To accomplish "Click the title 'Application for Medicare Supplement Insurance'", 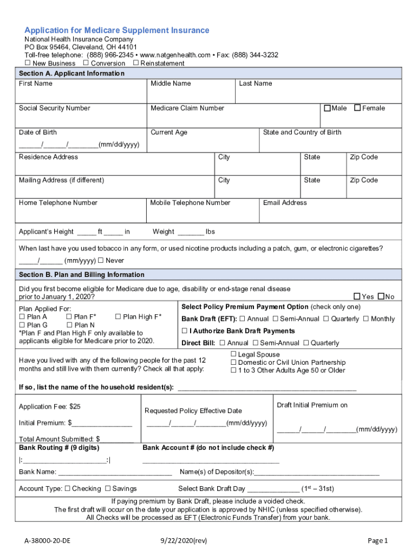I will tap(116, 30).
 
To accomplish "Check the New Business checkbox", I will tap(28, 63).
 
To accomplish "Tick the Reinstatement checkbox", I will tap(135, 63).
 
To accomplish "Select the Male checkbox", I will tap(327, 108).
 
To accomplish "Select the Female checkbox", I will tap(357, 108).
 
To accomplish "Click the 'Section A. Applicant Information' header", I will tap(71, 73).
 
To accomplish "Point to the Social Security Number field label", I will tap(54, 108).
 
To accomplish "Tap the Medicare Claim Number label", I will tap(187, 108).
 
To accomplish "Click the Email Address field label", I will tap(285, 203).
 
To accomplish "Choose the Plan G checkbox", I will tap(22, 325).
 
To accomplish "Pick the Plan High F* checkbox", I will tap(119, 317).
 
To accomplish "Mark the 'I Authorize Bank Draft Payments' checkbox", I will tap(185, 331).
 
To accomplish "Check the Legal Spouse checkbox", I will tap(234, 354).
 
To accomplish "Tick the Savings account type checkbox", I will tap(108, 488).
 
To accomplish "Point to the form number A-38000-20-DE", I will tap(47, 540).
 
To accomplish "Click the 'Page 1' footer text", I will tap(377, 540).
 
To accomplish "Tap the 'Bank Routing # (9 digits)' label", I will tap(59, 448).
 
